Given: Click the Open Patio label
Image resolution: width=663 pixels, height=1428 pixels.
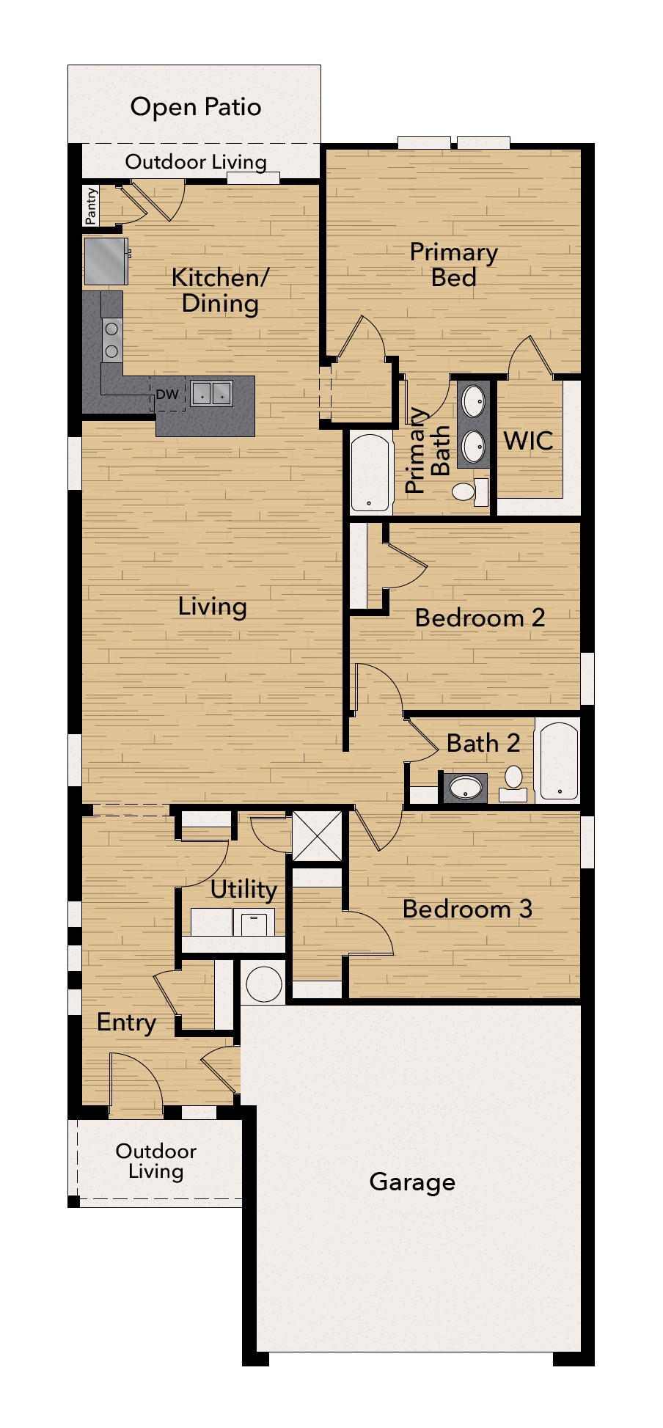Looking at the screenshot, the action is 196,107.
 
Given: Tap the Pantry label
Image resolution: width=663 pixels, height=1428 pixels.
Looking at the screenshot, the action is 91,206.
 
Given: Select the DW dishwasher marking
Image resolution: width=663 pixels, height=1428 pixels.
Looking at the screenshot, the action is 167,395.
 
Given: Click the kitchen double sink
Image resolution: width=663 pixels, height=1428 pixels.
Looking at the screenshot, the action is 211,394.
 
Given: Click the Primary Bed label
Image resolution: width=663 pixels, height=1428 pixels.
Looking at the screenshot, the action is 454,264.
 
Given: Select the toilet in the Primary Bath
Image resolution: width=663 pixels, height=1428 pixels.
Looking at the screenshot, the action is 469,491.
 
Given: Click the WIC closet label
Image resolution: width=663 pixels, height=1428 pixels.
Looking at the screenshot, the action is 528,441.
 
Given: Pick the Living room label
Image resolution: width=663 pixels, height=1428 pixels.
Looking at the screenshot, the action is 212,607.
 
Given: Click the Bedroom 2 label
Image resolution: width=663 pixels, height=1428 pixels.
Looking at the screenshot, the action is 480,618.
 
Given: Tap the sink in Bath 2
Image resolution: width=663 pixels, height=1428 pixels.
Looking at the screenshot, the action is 464,788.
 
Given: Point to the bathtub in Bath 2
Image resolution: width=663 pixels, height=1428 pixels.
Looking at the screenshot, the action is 558,760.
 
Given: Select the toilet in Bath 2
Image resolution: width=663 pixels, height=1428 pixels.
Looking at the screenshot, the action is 513,783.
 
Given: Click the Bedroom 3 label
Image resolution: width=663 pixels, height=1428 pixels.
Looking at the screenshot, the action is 467,909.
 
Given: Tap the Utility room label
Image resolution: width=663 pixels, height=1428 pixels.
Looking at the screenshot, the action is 243,890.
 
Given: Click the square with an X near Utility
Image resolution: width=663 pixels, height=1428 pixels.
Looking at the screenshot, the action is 318,835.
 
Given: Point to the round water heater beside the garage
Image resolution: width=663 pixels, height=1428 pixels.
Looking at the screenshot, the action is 264,983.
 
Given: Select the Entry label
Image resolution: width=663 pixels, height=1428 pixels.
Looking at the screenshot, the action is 126,1023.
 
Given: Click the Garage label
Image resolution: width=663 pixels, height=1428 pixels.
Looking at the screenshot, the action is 412,1182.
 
